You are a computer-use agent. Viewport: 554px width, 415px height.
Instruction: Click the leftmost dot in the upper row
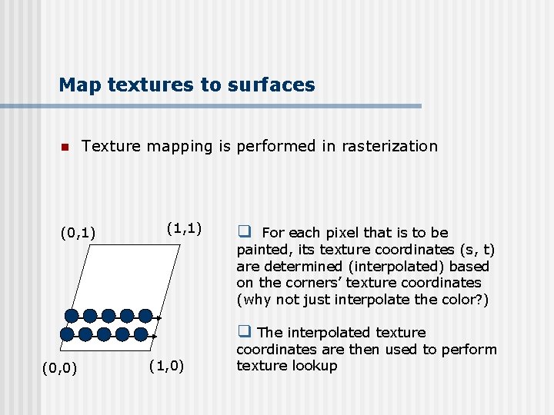tap(72, 315)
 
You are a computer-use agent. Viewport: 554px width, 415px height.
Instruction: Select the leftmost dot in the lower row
tap(67, 334)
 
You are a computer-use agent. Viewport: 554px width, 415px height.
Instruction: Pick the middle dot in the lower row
tap(103, 334)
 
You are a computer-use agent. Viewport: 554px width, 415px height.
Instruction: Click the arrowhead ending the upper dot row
tap(159, 317)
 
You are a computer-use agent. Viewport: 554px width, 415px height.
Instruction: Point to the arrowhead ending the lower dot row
tap(155, 336)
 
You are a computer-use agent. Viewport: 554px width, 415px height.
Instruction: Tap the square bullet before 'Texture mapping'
tap(65, 147)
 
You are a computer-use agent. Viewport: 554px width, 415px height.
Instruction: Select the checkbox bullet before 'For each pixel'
tap(245, 231)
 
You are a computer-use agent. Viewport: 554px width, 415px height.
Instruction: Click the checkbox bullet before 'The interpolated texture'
tap(245, 331)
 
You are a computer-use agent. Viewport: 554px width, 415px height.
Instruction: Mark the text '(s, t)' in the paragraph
tap(477, 249)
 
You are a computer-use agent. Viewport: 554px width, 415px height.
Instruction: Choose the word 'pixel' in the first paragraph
tap(344, 232)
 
